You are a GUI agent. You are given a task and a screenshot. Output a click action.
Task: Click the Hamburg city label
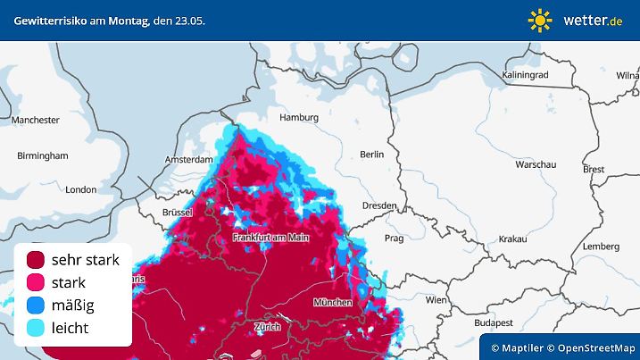coord(299,117)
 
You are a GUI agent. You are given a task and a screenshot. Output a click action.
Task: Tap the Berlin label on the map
coord(371,155)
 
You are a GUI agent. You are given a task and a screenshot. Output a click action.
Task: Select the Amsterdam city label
coord(187,159)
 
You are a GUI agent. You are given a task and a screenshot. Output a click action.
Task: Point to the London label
coord(80,189)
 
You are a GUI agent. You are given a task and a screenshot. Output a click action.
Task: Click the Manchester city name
coord(36,120)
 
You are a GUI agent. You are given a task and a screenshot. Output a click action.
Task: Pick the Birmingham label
coord(42,155)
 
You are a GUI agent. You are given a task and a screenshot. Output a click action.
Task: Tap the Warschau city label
coord(536,165)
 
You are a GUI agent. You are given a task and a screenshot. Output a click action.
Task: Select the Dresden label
coord(379,205)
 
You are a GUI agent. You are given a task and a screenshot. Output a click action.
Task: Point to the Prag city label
coord(395,239)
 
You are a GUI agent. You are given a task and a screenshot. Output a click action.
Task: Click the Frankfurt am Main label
coord(270,238)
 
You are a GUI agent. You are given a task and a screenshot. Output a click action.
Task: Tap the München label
coord(332,303)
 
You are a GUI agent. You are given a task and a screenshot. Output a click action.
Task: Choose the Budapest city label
coord(492,322)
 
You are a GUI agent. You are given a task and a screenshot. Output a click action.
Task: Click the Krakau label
coord(513,239)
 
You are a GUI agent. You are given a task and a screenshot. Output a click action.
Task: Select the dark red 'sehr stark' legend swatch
coord(37,260)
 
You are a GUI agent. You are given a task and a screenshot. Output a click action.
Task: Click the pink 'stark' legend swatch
coord(37,282)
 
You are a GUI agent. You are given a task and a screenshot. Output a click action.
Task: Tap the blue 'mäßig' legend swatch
coord(37,306)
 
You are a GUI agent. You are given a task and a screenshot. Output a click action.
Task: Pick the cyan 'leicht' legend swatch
coord(37,328)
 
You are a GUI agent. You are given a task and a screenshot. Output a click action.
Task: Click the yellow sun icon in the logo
coord(540,19)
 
